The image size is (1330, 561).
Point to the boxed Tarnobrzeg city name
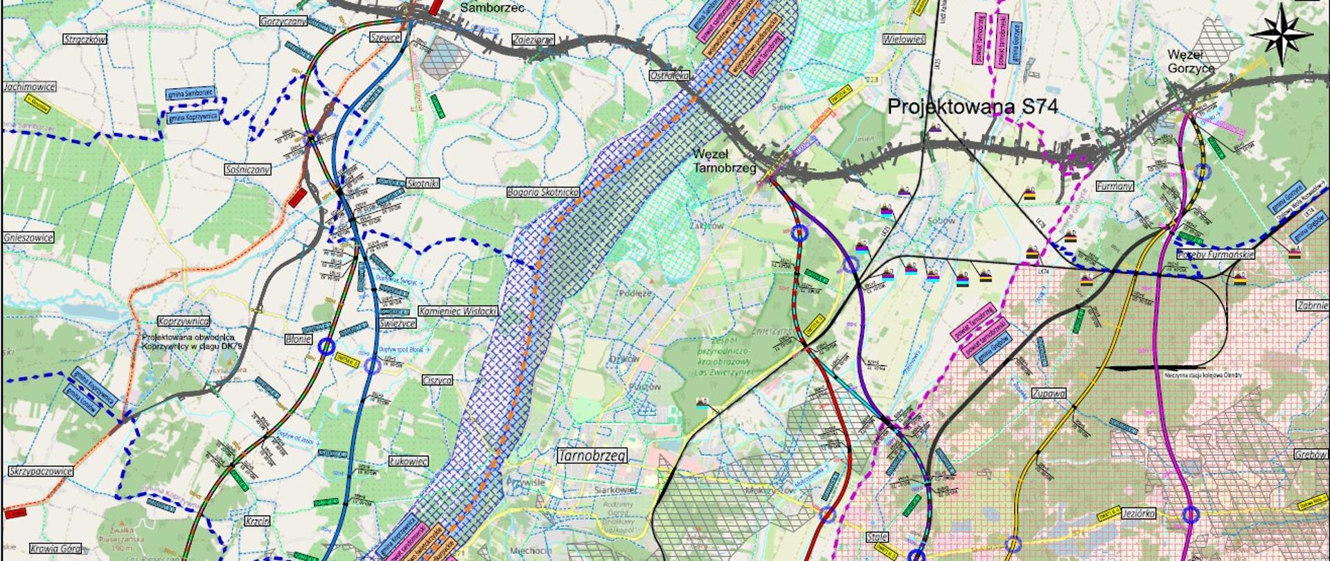click(x=592, y=455)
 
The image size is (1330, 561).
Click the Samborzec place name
click(x=493, y=8)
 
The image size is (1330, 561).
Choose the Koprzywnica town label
click(x=184, y=321)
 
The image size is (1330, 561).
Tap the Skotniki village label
click(x=423, y=184)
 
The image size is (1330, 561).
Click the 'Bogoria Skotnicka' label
click(x=542, y=192)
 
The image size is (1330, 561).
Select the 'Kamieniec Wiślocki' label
click(x=457, y=312)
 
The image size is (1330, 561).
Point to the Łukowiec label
click(x=408, y=461)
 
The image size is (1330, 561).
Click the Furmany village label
click(x=1115, y=186)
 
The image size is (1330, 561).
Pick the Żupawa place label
click(x=1048, y=393)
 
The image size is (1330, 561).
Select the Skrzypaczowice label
click(x=41, y=471)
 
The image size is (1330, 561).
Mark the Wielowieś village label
click(x=903, y=39)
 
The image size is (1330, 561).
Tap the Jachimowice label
click(x=30, y=87)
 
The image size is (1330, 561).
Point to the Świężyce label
click(x=397, y=323)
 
